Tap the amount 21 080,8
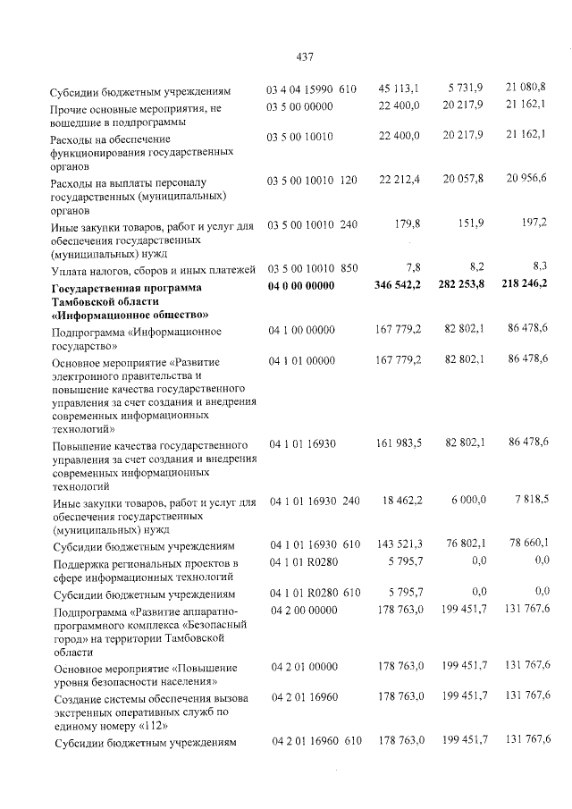click(x=526, y=87)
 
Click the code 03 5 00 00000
click(x=300, y=107)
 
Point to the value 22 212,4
click(x=400, y=180)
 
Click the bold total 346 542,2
click(x=398, y=286)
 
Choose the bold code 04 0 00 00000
click(x=300, y=286)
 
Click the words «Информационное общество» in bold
click(x=130, y=315)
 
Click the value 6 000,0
click(x=465, y=501)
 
